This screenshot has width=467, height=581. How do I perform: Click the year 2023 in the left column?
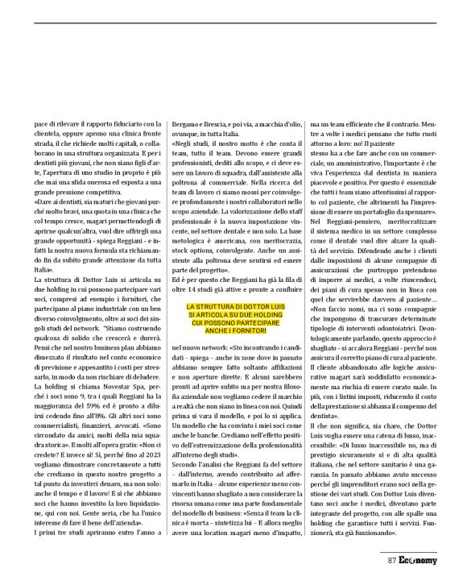tap(145, 453)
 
